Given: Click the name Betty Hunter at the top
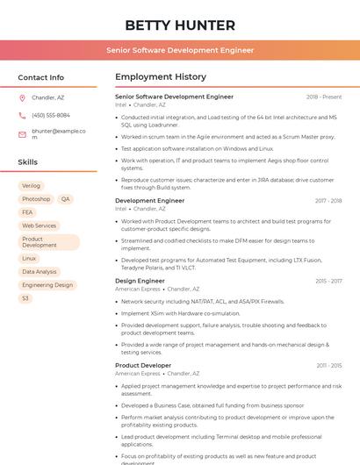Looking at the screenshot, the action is [180, 25].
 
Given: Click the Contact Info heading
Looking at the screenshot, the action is [40, 77].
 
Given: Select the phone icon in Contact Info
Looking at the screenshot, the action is [22, 115].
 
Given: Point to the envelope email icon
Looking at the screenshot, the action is [22, 134].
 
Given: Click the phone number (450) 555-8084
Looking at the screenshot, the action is [51, 115].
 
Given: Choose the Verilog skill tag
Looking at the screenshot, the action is [31, 186].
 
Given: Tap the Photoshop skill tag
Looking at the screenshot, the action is [36, 199].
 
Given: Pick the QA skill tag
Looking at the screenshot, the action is [66, 199].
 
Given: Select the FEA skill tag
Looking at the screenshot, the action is [27, 212].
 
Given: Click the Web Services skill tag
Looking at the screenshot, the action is [39, 225].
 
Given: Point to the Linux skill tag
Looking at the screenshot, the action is [29, 259].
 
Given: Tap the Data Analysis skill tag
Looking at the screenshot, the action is [40, 272].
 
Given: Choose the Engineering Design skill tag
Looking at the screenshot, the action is [47, 285].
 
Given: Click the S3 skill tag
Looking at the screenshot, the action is [25, 298].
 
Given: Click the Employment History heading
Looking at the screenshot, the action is [161, 77].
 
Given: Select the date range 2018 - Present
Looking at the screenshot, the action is [324, 97].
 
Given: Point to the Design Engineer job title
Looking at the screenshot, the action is [140, 281].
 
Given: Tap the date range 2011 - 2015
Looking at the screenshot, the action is [329, 365].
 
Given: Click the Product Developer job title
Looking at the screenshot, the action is [143, 365].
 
